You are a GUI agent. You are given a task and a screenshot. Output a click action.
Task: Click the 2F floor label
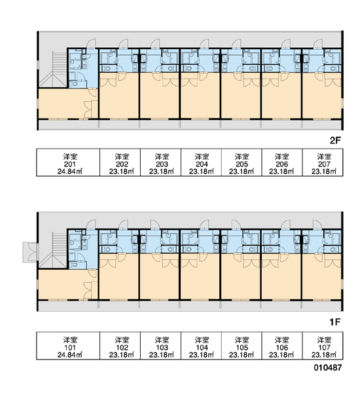(335, 141)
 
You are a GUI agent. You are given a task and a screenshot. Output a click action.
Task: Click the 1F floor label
(335, 322)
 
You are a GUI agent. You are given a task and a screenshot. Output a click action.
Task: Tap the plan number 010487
(328, 367)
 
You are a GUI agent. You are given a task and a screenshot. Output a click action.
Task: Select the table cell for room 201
(68, 162)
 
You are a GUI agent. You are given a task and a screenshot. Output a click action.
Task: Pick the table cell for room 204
(201, 162)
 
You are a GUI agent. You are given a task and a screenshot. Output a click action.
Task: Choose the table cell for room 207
(323, 162)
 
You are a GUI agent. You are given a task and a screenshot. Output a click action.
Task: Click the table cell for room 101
(68, 346)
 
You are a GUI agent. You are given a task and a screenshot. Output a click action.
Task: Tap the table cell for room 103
(160, 346)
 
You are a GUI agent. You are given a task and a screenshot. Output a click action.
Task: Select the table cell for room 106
(282, 346)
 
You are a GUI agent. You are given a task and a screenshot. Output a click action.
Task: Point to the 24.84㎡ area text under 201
(70, 172)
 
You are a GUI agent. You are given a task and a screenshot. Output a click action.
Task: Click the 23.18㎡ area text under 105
(242, 355)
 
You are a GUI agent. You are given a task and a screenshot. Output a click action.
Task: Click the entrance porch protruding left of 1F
(30, 252)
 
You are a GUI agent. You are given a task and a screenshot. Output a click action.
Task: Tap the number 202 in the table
(122, 164)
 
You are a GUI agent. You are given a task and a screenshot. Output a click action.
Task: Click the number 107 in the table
(324, 348)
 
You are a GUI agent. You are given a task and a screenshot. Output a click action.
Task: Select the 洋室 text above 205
(242, 157)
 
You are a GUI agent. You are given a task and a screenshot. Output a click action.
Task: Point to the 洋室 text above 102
(122, 340)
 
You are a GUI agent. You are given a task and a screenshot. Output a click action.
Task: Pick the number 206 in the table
(282, 164)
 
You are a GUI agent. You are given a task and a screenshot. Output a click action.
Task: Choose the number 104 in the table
(202, 348)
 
